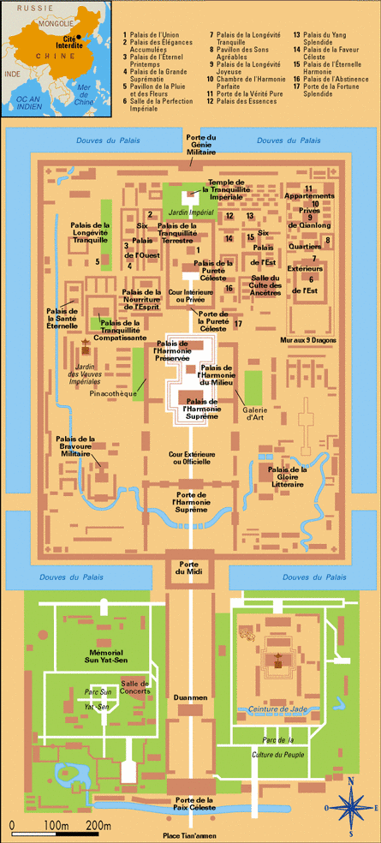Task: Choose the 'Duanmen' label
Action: [189, 698]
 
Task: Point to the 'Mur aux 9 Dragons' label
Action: [313, 340]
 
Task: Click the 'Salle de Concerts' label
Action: [136, 687]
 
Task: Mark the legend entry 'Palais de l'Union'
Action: [149, 35]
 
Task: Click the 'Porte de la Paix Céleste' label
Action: [189, 804]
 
